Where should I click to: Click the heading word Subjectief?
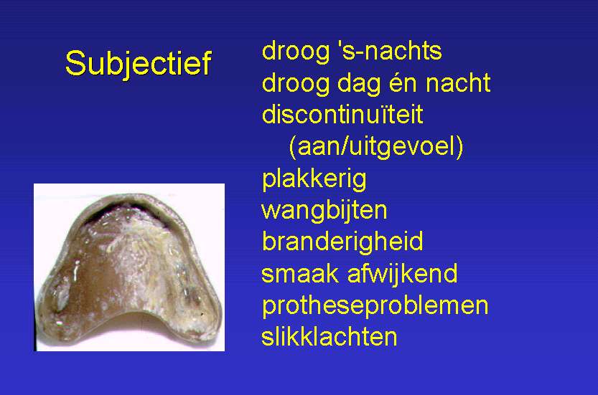pos(138,64)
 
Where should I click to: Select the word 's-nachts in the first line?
pos(390,51)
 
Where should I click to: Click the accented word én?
pos(403,83)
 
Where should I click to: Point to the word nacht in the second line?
pos(458,83)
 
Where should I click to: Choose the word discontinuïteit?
pos(342,114)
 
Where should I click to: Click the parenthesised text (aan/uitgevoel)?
pos(376,147)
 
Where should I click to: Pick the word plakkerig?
pos(314,179)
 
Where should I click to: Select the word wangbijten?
pos(324,211)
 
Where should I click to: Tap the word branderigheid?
pos(342,242)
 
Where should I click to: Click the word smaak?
pos(300,274)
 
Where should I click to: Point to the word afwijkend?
pos(402,275)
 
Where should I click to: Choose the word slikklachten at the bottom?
pos(329,337)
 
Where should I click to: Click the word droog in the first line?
pos(296,52)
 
